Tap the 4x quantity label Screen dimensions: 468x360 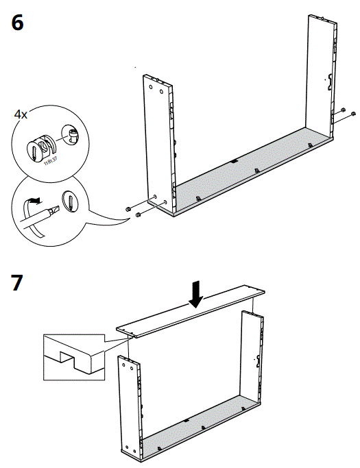(21, 114)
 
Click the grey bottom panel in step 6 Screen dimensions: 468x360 (247, 168)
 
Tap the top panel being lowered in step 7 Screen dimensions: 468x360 (192, 312)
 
